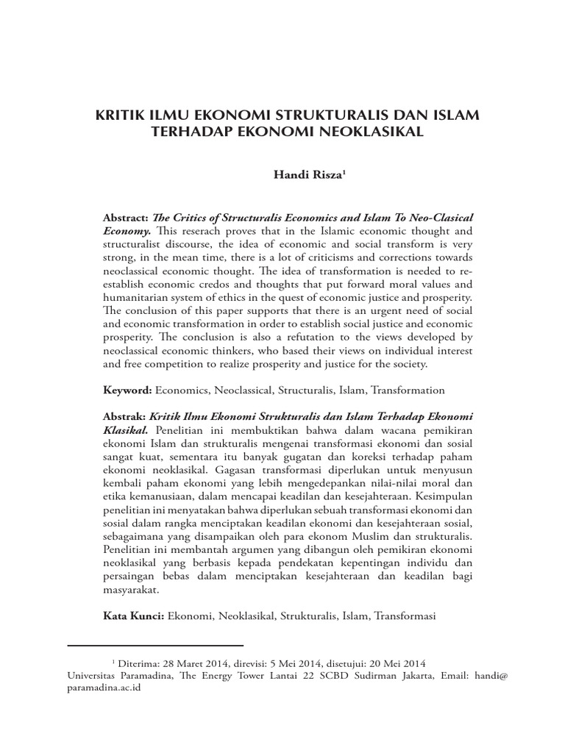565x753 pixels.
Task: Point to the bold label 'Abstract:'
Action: click(127, 218)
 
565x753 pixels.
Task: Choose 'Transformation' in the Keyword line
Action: click(408, 390)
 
